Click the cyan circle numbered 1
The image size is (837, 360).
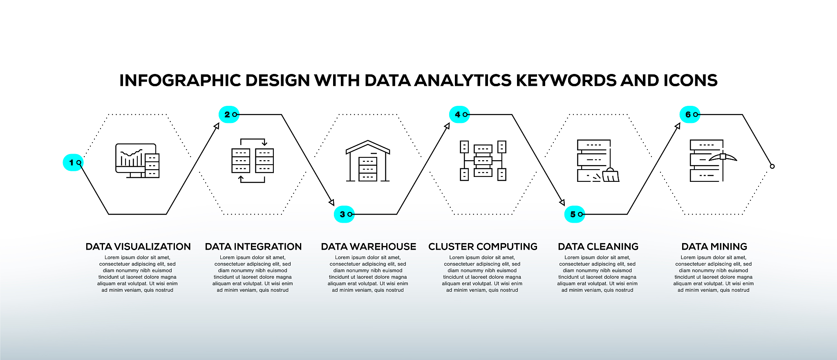pos(73,163)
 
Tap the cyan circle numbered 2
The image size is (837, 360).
pos(229,114)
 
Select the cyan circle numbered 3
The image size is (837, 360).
pos(344,214)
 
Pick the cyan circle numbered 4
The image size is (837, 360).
pos(459,114)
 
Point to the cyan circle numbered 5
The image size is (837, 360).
pos(575,214)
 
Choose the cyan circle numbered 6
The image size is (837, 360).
pos(690,114)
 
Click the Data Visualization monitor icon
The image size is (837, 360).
pos(137,161)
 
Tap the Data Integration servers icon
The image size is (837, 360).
pos(253,161)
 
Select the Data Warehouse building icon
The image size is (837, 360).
pos(368,161)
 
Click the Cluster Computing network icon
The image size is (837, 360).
pos(483,161)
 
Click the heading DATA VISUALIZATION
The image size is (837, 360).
pos(138,247)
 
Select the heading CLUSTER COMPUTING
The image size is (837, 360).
pos(483,247)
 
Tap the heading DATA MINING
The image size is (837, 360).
pos(714,247)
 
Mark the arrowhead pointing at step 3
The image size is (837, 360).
pos(331,202)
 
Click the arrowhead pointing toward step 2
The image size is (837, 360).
pos(217,126)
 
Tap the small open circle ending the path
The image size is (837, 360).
pos(772,166)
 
